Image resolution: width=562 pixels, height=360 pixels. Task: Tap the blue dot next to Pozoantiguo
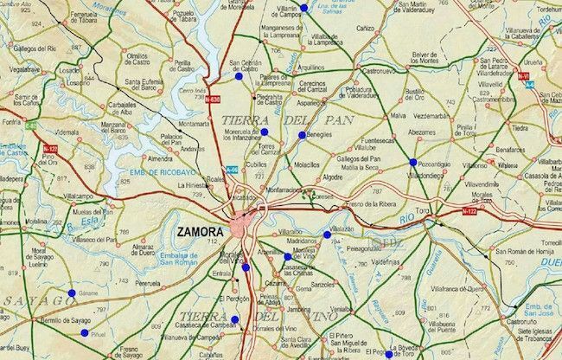pyautogui.click(x=412, y=162)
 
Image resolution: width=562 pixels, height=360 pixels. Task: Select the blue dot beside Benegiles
pyautogui.click(x=302, y=135)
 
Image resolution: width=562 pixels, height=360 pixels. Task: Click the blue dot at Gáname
pyautogui.click(x=72, y=293)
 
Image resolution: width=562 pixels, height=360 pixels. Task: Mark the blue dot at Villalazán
pyautogui.click(x=327, y=235)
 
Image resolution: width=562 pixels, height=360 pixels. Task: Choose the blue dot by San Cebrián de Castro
pyautogui.click(x=237, y=75)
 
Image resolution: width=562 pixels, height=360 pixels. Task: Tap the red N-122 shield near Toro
pyautogui.click(x=469, y=211)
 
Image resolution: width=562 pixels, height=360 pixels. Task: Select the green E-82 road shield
pyautogui.click(x=31, y=127)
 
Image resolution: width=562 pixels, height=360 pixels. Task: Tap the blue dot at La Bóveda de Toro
pyautogui.click(x=390, y=354)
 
